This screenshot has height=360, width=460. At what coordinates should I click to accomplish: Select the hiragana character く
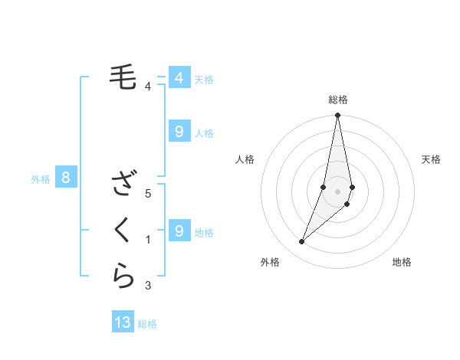(123, 229)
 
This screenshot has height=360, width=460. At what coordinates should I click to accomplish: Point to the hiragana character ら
(123, 275)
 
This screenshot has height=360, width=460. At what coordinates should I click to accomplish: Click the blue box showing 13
(123, 322)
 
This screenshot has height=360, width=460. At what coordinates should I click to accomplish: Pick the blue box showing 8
(66, 178)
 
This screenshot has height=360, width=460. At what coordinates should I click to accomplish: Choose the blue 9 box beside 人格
(179, 132)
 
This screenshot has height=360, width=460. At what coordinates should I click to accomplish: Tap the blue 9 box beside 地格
(179, 230)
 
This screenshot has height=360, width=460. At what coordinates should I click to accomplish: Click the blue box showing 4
(179, 77)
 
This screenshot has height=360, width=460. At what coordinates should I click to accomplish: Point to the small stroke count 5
(149, 193)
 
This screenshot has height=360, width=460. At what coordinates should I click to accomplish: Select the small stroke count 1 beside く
(149, 240)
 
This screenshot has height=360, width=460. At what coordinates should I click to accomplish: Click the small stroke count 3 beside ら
(149, 286)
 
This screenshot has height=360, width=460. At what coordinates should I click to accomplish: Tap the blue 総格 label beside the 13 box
(147, 324)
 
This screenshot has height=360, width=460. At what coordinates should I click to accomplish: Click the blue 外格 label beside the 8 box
(41, 179)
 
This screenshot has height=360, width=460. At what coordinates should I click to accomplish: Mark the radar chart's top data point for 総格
(337, 116)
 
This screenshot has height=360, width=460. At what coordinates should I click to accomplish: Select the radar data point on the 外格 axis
(301, 242)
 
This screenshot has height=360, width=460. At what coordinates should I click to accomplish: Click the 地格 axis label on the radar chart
(402, 263)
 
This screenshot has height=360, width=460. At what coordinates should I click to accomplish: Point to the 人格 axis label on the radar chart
(245, 159)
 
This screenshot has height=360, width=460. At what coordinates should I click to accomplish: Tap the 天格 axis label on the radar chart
(431, 159)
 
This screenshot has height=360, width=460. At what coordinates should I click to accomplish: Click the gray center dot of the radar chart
(337, 191)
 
